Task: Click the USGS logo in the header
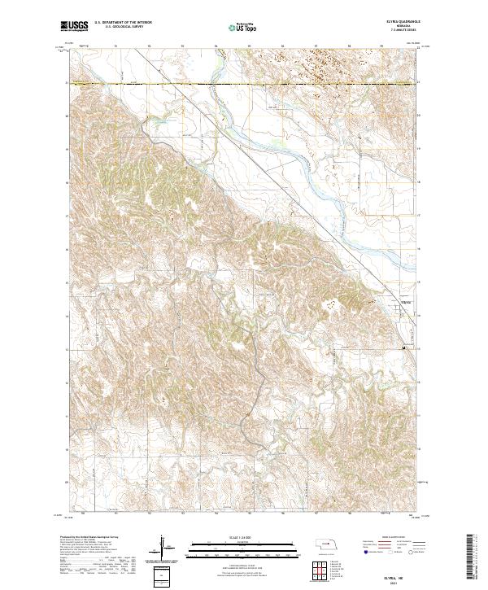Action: [x=74, y=27]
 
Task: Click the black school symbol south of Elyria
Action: [x=404, y=347]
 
